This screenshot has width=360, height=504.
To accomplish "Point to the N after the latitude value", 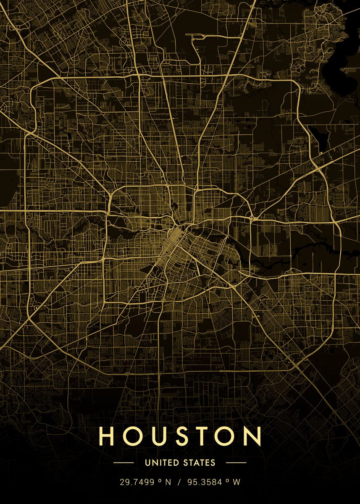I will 168,483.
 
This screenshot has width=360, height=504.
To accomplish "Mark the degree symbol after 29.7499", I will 160,481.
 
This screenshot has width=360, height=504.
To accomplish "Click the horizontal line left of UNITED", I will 124,463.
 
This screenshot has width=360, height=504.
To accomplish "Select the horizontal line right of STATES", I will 236,463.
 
